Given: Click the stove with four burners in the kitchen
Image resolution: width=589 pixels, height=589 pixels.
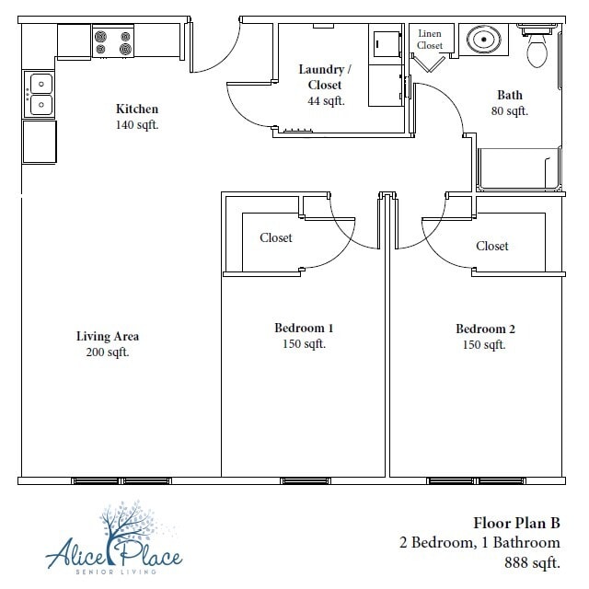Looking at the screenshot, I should click(x=112, y=42).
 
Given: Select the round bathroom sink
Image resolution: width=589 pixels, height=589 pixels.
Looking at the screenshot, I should click(x=482, y=40).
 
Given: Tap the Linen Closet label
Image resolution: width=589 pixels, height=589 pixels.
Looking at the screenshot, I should click(x=430, y=40).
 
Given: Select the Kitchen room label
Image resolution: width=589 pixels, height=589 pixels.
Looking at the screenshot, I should click(x=136, y=109).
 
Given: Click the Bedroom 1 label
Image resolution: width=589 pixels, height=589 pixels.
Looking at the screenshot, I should click(x=304, y=329).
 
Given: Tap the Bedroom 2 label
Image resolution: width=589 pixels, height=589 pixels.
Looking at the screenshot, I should click(x=485, y=329).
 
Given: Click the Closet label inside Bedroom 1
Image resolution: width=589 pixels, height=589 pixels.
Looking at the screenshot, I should click(x=275, y=237).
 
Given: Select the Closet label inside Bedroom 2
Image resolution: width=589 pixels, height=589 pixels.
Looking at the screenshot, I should click(x=492, y=246).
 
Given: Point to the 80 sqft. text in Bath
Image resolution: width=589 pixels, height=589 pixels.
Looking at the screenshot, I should click(x=510, y=111).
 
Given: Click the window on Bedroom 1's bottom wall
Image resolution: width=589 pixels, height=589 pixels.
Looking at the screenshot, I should click(x=305, y=480).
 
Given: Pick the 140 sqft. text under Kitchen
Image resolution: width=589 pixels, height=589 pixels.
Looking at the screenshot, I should click(x=136, y=125).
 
